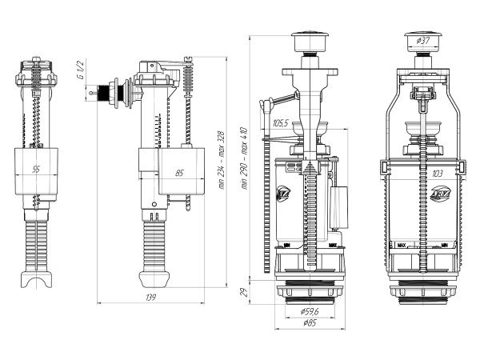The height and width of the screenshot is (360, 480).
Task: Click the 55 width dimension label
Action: click(37, 170)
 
